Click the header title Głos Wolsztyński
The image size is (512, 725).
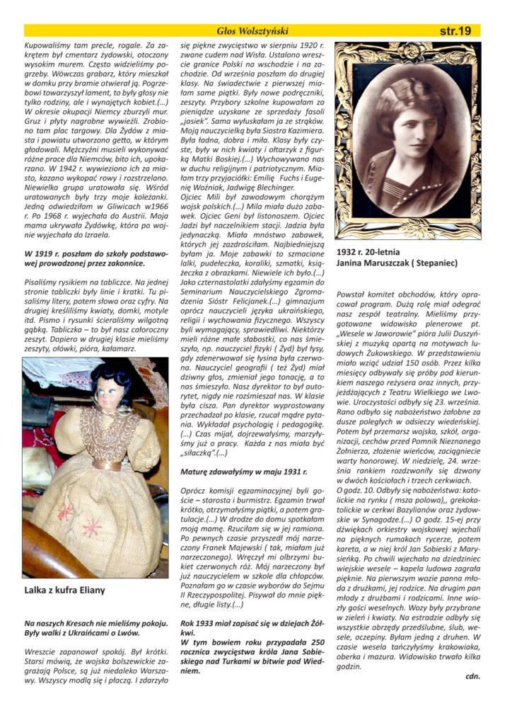pyautogui.click(x=253, y=30)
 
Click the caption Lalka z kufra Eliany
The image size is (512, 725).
pyautogui.click(x=64, y=590)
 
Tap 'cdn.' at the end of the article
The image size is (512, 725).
pyautogui.click(x=473, y=675)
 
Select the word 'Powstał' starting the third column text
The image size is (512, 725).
pyautogui.click(x=351, y=292)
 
